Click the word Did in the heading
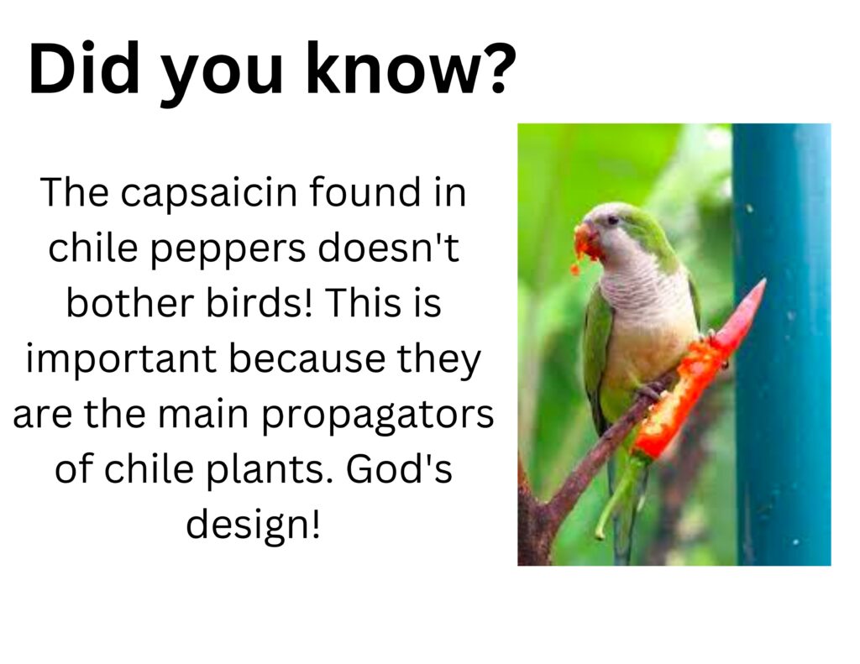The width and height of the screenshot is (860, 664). [84, 69]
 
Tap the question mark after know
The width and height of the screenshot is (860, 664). [496, 68]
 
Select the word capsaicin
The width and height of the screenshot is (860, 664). [208, 194]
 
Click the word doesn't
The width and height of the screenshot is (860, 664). [387, 247]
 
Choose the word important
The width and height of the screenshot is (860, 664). [121, 358]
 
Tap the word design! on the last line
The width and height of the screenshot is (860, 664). [253, 525]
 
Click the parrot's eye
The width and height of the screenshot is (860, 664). [612, 221]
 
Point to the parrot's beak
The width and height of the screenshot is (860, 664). [586, 241]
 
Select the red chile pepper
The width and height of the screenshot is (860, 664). [696, 373]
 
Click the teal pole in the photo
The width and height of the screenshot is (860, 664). [781, 344]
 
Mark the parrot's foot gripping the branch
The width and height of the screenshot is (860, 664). [651, 390]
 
